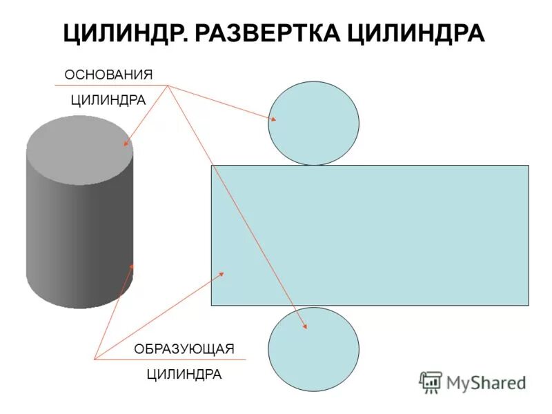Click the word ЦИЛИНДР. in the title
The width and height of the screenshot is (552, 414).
click(124, 33)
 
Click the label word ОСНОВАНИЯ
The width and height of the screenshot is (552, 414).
click(108, 75)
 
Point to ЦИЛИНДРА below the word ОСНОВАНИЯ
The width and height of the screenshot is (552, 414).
click(108, 100)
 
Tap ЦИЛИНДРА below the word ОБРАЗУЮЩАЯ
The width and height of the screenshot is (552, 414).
click(185, 375)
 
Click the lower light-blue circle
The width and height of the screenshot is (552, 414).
click(313, 348)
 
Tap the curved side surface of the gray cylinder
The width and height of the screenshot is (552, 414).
click(79, 235)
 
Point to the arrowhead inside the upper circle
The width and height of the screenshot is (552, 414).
click(273, 119)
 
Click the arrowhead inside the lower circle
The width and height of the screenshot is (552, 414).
click(305, 326)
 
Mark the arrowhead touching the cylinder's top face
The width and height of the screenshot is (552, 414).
click(126, 144)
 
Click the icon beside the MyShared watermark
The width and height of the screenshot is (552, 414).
click(431, 382)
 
